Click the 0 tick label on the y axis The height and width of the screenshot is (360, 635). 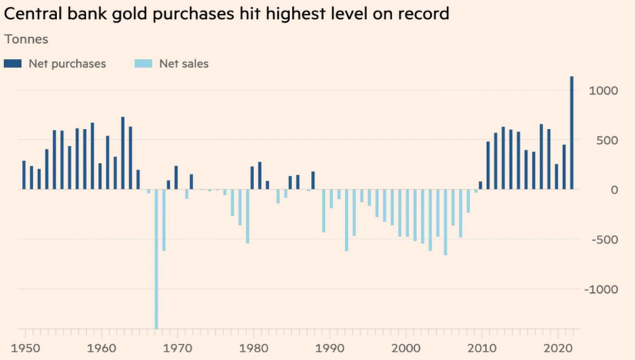click(x=615, y=190)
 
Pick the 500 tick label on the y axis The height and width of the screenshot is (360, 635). click(x=609, y=140)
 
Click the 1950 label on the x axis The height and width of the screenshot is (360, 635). click(x=25, y=348)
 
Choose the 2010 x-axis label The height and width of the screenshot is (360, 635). click(x=484, y=348)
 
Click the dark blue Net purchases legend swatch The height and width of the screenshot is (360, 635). click(x=13, y=64)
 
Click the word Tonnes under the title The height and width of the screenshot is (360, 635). click(x=26, y=40)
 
